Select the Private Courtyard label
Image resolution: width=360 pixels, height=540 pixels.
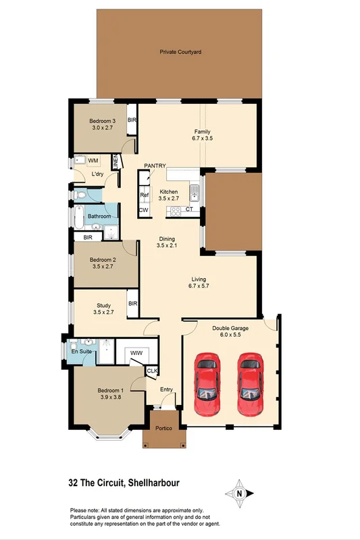tap(180, 52)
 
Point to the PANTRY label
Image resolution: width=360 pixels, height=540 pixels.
tap(155, 165)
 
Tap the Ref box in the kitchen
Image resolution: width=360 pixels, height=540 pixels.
tap(144, 196)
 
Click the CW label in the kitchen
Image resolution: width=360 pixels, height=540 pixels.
tap(143, 211)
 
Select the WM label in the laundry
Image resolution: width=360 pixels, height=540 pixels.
tap(93, 160)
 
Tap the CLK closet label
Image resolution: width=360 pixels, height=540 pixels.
tap(152, 370)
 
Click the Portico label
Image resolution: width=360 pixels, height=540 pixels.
tap(163, 429)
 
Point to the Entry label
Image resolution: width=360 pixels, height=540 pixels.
tap(167, 389)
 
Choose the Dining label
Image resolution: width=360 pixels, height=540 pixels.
tap(167, 238)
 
